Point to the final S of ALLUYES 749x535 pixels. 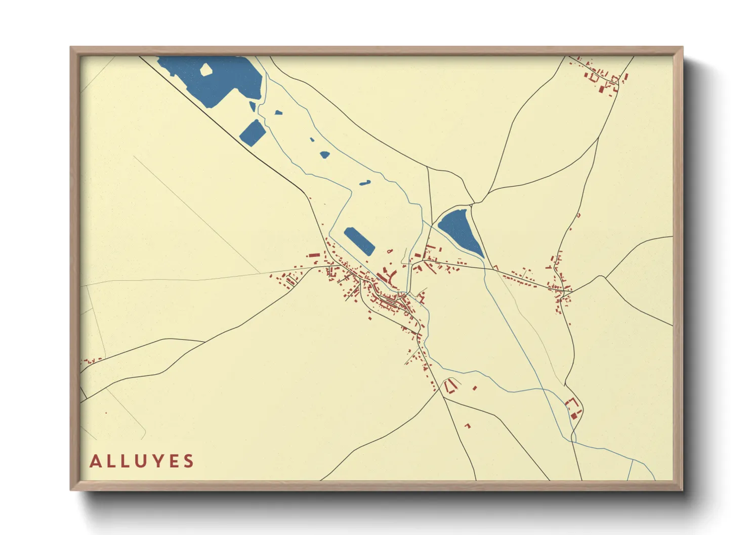tap(189, 461)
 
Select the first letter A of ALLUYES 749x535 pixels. tap(95, 461)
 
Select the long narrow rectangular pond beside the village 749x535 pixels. tap(359, 241)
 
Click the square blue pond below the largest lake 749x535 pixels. tap(253, 132)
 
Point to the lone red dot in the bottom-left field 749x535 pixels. tap(106, 413)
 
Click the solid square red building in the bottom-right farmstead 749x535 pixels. tap(573, 416)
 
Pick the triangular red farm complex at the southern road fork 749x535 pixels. tap(450, 385)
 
